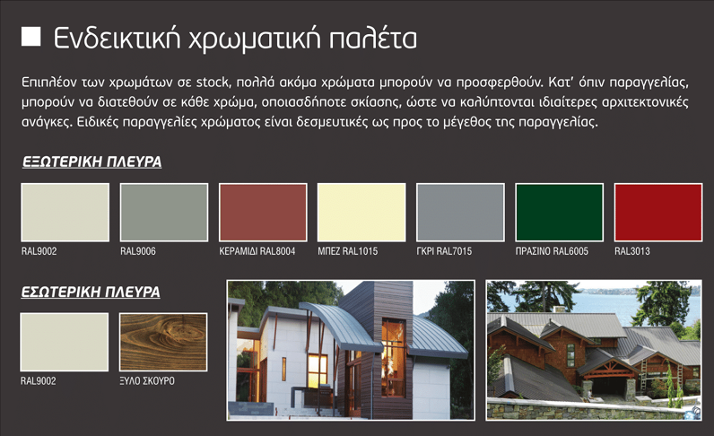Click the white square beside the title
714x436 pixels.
click(x=31, y=37)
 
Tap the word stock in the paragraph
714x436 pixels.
click(x=213, y=83)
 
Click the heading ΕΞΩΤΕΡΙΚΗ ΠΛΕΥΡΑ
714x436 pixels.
click(x=92, y=161)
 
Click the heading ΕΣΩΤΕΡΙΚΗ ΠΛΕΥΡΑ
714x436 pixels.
click(x=91, y=292)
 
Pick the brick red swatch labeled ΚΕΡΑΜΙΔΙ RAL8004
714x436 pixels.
click(x=263, y=213)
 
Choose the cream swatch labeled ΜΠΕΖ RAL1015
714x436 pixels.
click(x=361, y=213)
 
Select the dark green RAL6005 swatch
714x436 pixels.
click(x=559, y=213)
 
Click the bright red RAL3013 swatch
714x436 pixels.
click(x=658, y=213)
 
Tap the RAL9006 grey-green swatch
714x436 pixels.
click(x=164, y=213)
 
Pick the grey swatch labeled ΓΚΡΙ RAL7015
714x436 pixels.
click(x=460, y=213)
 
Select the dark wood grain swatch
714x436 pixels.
click(x=163, y=342)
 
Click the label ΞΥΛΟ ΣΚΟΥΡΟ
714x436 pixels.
click(x=147, y=381)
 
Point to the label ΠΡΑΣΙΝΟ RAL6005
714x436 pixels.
click(x=552, y=251)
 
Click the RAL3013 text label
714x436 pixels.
click(x=632, y=251)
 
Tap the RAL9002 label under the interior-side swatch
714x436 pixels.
click(x=39, y=381)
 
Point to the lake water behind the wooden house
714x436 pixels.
click(x=592, y=304)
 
